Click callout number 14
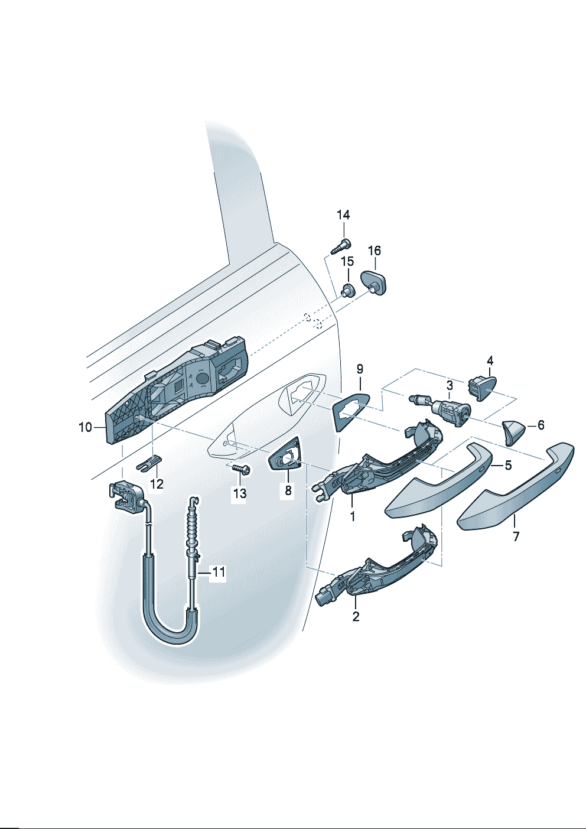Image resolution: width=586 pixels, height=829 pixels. click(x=343, y=215)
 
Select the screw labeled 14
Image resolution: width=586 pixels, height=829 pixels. click(x=341, y=246)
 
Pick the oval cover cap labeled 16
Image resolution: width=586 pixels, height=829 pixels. click(x=374, y=282)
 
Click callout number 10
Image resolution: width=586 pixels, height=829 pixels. click(x=85, y=427)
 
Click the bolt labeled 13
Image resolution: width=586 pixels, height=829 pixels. click(x=240, y=469)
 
